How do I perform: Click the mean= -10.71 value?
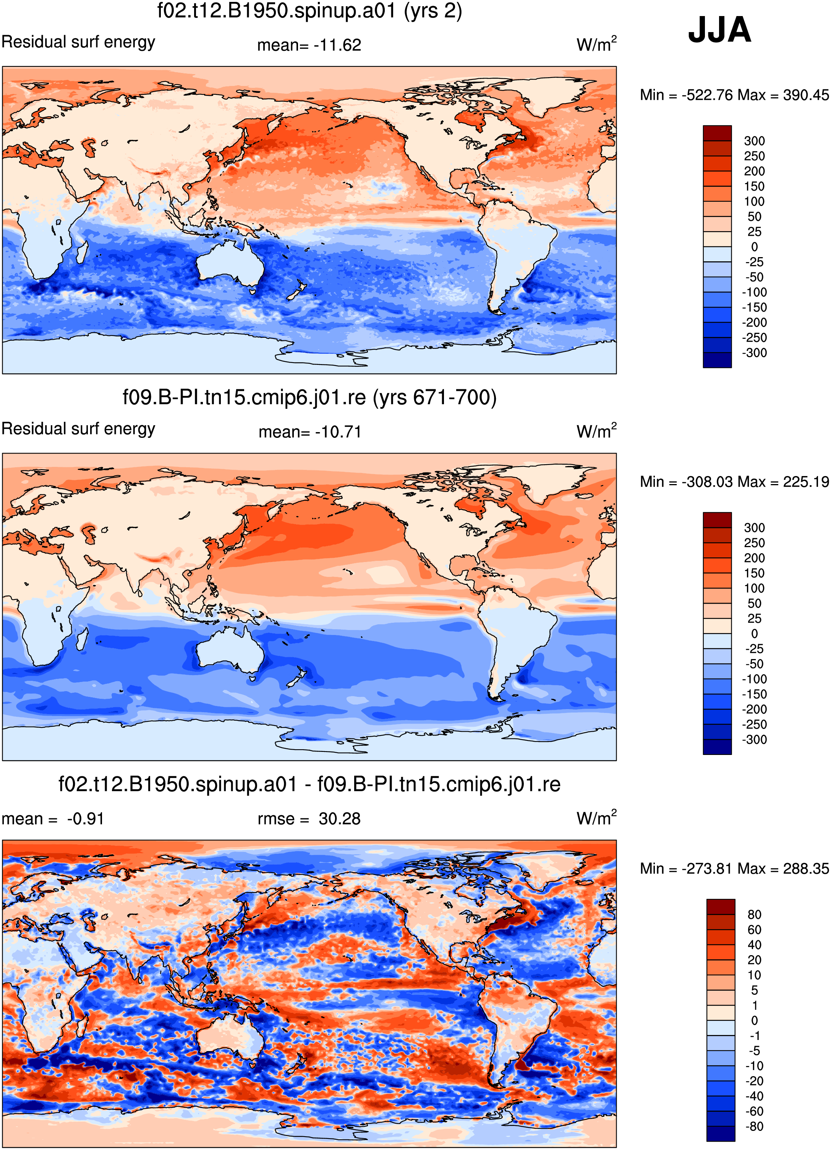(310, 432)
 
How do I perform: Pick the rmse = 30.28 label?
(309, 819)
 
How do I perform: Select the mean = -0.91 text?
(53, 819)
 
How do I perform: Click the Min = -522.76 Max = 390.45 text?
(734, 95)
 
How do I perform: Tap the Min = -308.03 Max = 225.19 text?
(734, 482)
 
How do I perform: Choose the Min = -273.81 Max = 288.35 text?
(734, 868)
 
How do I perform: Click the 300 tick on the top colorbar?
(754, 141)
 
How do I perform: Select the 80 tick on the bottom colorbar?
(755, 914)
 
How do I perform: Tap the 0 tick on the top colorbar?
(755, 247)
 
